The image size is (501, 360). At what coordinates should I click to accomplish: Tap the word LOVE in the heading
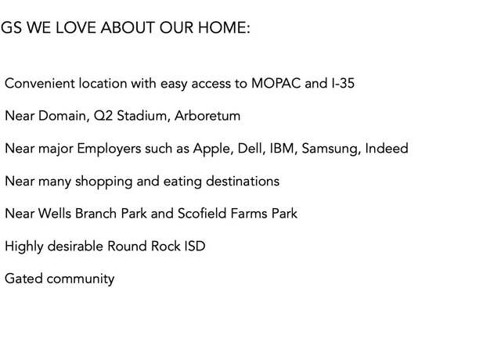pos(76,27)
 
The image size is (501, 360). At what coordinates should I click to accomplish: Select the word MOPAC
pos(276,84)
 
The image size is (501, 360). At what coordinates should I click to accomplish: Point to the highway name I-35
pos(343,84)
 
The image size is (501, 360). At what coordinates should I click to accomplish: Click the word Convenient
pos(40,84)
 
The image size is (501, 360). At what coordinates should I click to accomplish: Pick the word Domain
pos(63,116)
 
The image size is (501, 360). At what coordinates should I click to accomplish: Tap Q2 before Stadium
pos(103,116)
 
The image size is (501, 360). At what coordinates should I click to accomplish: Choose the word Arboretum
pos(207,116)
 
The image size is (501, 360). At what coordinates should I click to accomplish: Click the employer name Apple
pos(213,149)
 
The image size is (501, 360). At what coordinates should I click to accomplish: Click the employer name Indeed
pos(387,148)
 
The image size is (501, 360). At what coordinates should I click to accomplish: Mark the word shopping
pos(104,182)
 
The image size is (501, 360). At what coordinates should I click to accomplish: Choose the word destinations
pos(243,181)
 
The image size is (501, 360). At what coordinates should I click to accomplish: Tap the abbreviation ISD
pos(195,246)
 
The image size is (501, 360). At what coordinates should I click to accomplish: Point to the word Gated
pos(23,279)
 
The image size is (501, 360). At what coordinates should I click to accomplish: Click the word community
pos(81,279)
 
